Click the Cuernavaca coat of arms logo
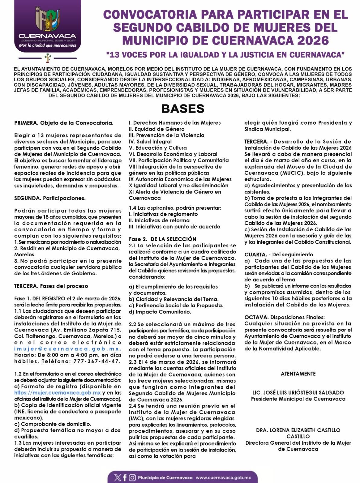47,19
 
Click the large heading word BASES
183,109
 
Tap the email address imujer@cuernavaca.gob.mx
68,349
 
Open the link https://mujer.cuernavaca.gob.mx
57,393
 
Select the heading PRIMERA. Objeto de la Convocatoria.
64,123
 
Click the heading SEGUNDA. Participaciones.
50,198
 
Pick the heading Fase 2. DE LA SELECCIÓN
162,239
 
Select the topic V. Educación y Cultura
158,148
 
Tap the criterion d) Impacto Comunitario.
160,312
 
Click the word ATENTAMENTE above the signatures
298,374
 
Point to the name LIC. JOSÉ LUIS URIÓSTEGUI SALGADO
298,392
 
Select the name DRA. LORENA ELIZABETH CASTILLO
298,430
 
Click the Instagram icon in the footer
132,478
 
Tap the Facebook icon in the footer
125,478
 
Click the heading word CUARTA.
255,254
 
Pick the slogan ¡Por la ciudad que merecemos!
47,46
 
